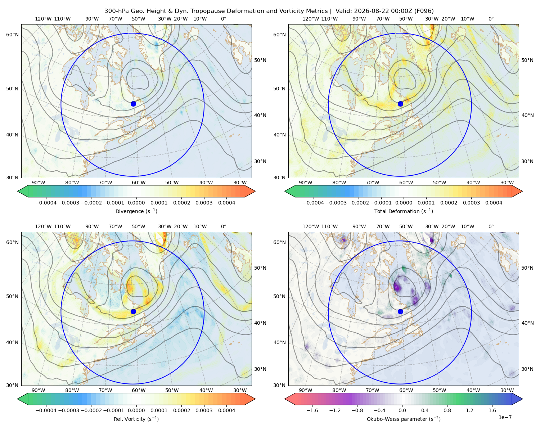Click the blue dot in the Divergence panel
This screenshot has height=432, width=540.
(133, 104)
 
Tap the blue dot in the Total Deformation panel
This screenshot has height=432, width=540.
(400, 104)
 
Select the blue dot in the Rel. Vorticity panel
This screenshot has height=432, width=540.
(133, 311)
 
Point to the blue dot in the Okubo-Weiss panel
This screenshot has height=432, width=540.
(400, 311)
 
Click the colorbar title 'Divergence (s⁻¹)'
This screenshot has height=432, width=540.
(136, 211)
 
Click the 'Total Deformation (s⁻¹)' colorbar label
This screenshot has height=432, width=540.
(404, 211)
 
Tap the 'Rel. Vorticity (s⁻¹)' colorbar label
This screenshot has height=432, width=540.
(136, 419)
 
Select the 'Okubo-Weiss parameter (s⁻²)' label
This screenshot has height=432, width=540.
(404, 419)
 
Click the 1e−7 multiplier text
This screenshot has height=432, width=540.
(505, 417)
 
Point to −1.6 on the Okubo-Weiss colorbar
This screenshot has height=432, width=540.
(312, 410)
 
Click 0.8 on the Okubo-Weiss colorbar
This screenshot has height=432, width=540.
(447, 410)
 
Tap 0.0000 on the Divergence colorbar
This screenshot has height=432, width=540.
(136, 203)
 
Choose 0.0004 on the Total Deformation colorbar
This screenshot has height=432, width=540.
(494, 203)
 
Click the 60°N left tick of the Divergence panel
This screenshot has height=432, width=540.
(12, 35)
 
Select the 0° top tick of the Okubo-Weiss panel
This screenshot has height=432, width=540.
(491, 226)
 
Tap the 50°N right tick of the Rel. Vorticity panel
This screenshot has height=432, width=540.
(260, 268)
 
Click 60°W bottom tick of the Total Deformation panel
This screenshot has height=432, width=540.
(406, 183)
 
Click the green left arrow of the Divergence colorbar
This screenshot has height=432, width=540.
(23, 191)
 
